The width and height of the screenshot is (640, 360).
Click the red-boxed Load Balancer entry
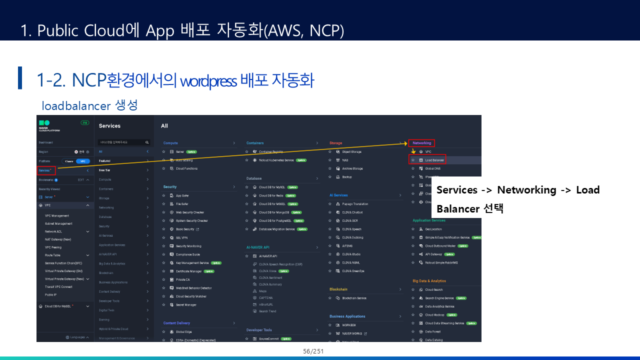click(x=428, y=160)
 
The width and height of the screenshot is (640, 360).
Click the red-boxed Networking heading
click(x=421, y=143)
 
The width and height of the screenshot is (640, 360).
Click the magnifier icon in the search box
click(x=147, y=142)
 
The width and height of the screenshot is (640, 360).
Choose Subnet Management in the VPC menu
click(x=58, y=223)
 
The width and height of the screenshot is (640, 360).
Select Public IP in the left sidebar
click(x=50, y=294)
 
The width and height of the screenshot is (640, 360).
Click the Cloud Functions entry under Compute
click(x=186, y=168)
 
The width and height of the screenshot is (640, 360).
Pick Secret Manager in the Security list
click(x=186, y=304)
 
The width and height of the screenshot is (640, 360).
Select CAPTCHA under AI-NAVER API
click(x=265, y=297)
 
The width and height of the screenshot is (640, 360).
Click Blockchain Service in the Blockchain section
click(x=354, y=298)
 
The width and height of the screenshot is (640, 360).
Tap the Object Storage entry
click(x=352, y=151)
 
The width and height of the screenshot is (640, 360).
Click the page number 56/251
click(x=313, y=351)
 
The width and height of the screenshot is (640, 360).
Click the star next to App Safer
click(x=163, y=195)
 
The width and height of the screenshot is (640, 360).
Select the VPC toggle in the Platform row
click(x=83, y=161)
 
